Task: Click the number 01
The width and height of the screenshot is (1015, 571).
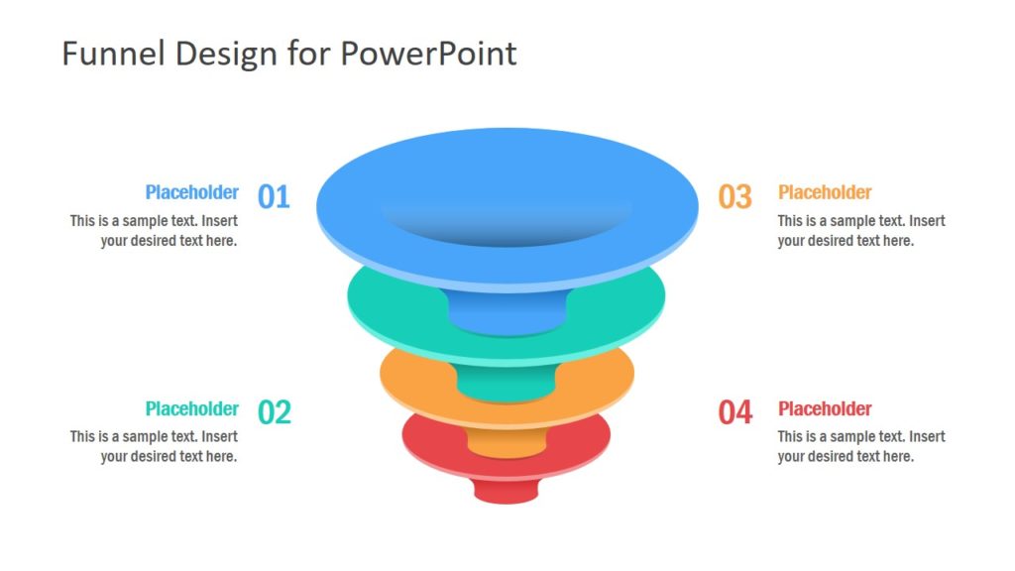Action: pyautogui.click(x=274, y=196)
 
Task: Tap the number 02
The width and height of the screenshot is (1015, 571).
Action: pyautogui.click(x=275, y=411)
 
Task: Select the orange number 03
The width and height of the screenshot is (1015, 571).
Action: pyautogui.click(x=735, y=196)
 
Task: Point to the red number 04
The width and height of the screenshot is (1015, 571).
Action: pyautogui.click(x=735, y=411)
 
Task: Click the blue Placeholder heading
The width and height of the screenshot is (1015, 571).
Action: pyautogui.click(x=191, y=192)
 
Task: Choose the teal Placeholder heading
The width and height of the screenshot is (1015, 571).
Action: pyautogui.click(x=191, y=408)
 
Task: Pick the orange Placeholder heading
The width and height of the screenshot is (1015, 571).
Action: pyautogui.click(x=825, y=192)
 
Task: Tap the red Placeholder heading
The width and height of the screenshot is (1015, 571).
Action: pyautogui.click(x=825, y=408)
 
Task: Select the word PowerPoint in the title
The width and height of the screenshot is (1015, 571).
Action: pyautogui.click(x=428, y=54)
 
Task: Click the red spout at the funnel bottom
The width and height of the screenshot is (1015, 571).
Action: pyautogui.click(x=507, y=490)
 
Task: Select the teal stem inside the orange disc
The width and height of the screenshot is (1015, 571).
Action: pyautogui.click(x=507, y=383)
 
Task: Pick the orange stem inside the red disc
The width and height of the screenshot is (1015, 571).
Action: pyautogui.click(x=507, y=441)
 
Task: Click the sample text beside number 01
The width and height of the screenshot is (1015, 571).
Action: pyautogui.click(x=154, y=230)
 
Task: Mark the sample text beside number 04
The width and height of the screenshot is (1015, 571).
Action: pyautogui.click(x=860, y=446)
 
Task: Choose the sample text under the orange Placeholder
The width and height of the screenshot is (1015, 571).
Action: pyautogui.click(x=860, y=230)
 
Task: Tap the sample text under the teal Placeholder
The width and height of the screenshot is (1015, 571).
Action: pyautogui.click(x=154, y=446)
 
